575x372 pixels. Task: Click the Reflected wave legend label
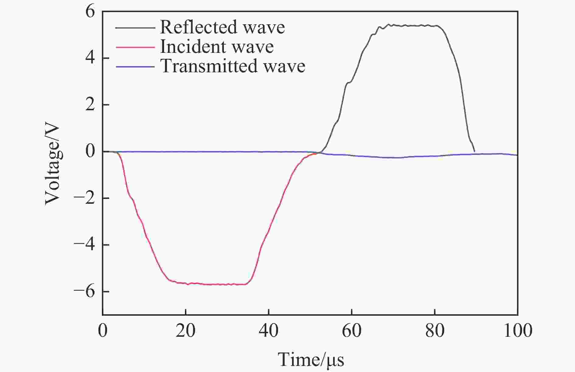pos(222,27)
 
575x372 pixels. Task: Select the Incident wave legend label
pos(217,47)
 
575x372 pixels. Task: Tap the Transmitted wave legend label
pos(233,66)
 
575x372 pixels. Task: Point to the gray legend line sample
pos(135,28)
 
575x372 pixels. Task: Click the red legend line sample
pos(135,47)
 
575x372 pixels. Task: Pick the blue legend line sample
pos(135,66)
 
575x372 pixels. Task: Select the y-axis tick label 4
pos(90,58)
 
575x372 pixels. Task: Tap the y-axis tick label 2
pos(90,105)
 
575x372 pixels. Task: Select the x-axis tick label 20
pos(186,331)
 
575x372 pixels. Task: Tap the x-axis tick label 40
pos(269,331)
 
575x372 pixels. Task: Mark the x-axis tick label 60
pos(352,331)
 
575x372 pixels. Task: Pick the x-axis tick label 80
pos(435,331)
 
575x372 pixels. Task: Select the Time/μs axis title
pos(311,360)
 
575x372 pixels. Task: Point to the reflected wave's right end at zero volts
pos(474,151)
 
